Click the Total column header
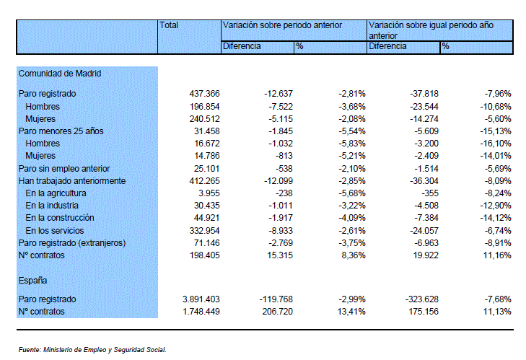click(x=169, y=25)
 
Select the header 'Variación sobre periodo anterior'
click(x=282, y=25)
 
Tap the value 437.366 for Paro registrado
click(x=204, y=94)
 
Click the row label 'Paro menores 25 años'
click(x=61, y=131)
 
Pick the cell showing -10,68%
click(x=496, y=107)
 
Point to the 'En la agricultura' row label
click(x=56, y=193)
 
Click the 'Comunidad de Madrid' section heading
click(x=60, y=74)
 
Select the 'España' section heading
click(x=32, y=281)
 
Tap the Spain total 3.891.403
click(x=201, y=299)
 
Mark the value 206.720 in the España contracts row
click(x=277, y=312)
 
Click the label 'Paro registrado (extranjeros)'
click(x=72, y=243)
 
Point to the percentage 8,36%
click(x=354, y=255)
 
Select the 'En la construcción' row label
click(x=60, y=218)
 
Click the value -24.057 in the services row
click(x=424, y=231)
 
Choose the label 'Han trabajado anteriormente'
click(x=72, y=181)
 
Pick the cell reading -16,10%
click(x=496, y=144)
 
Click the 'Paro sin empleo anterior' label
click(x=64, y=169)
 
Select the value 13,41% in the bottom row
click(x=351, y=312)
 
